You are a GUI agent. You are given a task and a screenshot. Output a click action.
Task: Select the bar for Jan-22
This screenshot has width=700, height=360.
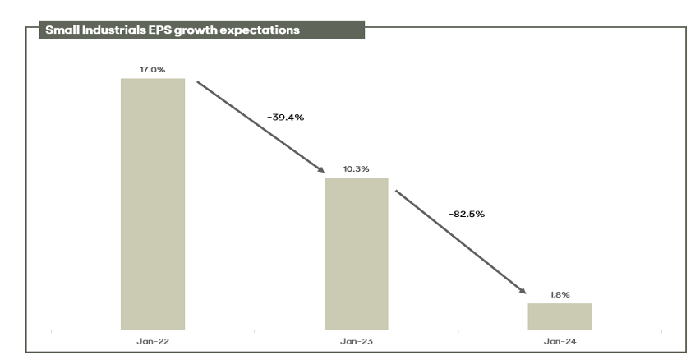(153, 204)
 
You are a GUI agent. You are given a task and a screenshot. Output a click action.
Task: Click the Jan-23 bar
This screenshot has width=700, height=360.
(357, 253)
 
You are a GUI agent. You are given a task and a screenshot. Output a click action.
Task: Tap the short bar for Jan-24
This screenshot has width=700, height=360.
(560, 316)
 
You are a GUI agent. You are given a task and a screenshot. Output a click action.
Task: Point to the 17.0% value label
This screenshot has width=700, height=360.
(153, 70)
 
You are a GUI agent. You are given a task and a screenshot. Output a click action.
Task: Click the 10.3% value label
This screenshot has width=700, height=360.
(357, 168)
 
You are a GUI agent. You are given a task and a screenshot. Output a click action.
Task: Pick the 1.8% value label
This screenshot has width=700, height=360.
(560, 294)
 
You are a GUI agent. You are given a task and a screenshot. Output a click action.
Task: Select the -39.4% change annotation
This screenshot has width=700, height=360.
(286, 118)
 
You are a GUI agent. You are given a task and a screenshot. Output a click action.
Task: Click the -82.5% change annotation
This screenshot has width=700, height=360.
(466, 214)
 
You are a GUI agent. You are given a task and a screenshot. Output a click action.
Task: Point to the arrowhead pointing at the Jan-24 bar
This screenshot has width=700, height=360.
(522, 290)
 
